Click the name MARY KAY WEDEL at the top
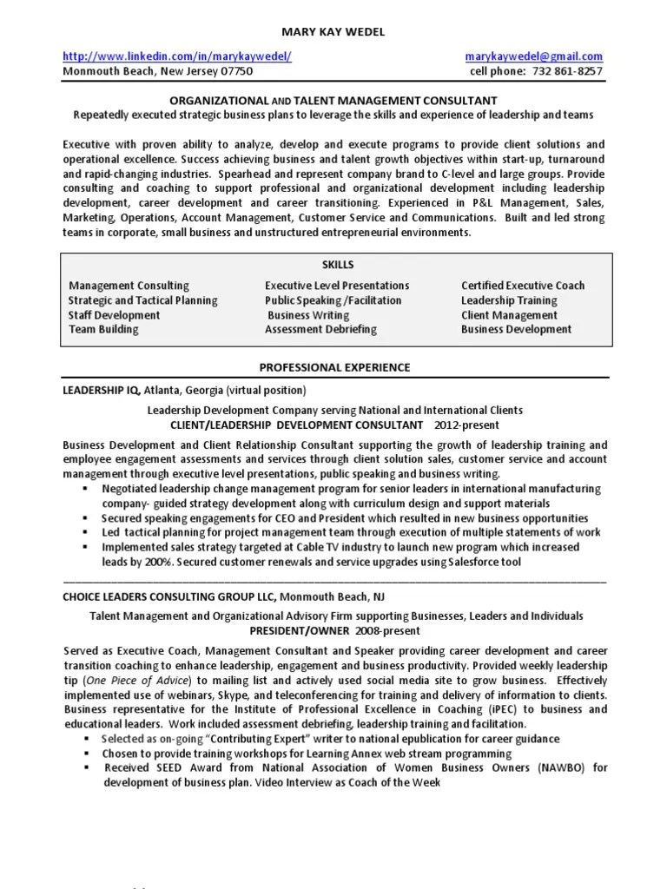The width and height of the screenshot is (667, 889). tap(333, 32)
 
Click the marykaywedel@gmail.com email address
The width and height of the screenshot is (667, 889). tap(533, 56)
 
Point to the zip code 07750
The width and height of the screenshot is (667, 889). tap(234, 71)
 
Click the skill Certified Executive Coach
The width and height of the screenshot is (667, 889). tap(522, 286)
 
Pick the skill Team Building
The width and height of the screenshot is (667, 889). tap(103, 330)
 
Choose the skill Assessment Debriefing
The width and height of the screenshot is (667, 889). tap(320, 330)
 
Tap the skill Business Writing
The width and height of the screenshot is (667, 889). tap(307, 315)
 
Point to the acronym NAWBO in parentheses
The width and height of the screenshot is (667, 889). tap(559, 767)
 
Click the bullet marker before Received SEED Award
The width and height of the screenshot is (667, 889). tap(86, 767)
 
